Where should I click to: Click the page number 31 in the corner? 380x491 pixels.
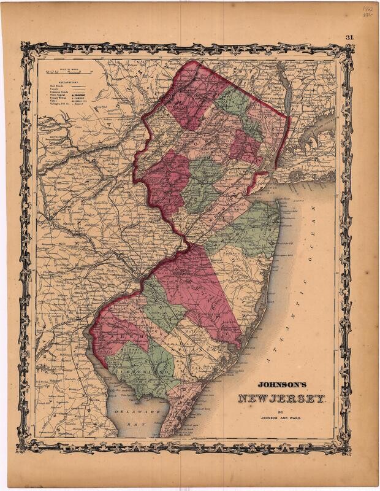(350, 37)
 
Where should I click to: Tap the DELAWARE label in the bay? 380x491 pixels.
(128, 409)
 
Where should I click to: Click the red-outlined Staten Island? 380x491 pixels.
(260, 182)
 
